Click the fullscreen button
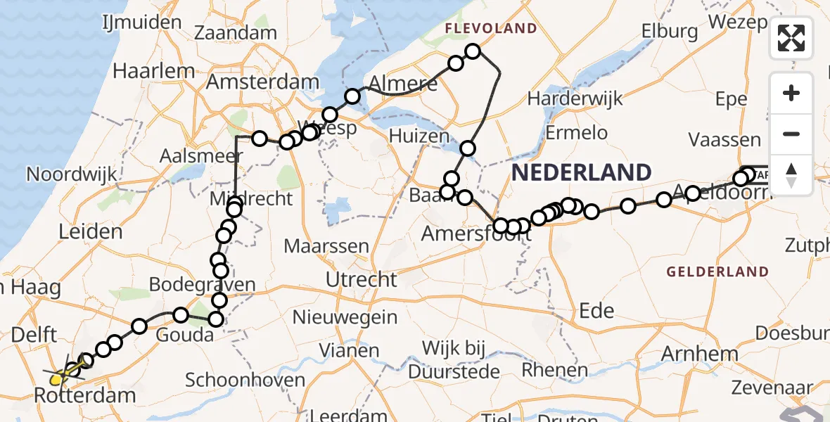791,37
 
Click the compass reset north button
791,174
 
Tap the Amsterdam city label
262,82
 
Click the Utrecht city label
361,279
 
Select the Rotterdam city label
85,395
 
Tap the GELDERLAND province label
717,271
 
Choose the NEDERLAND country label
581,172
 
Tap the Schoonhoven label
245,381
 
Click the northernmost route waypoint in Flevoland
473,51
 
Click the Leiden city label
91,231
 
